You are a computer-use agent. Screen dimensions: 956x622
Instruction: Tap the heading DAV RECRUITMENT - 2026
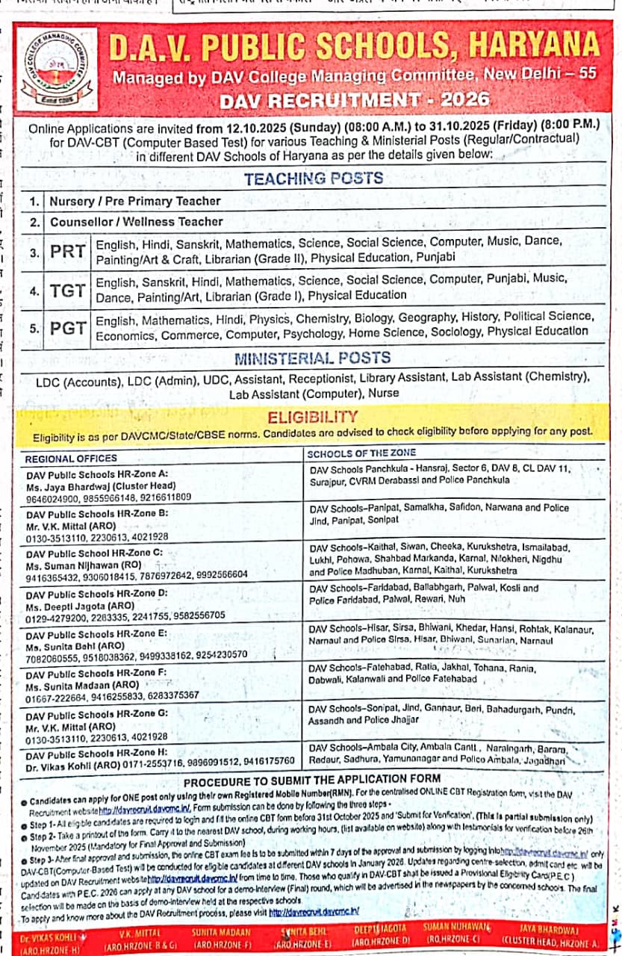click(x=355, y=99)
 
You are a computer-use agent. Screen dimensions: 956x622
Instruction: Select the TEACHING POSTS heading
click(x=314, y=178)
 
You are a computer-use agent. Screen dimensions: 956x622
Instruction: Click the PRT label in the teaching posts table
click(x=68, y=251)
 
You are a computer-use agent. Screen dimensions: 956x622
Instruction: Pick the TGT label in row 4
click(x=68, y=291)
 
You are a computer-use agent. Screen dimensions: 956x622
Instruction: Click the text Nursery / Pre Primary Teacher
click(x=135, y=201)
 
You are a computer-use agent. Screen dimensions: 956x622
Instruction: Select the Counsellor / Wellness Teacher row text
click(x=137, y=222)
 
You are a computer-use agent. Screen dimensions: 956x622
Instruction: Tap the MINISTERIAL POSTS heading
click(x=312, y=358)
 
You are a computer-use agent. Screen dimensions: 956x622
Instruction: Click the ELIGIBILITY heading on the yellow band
click(x=313, y=417)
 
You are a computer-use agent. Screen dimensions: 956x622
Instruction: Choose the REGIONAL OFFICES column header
click(x=71, y=459)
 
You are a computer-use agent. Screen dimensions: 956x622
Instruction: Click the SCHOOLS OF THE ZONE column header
click(x=361, y=453)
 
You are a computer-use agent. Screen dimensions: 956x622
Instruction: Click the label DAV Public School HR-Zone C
click(x=94, y=553)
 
